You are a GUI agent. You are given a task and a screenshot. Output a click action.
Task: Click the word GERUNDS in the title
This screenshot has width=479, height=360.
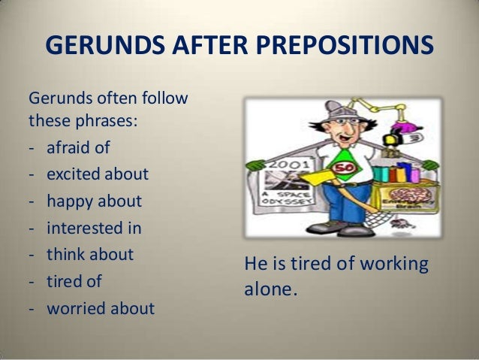click(x=97, y=47)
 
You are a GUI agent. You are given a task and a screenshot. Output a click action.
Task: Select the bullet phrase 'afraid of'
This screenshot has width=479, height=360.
click(x=78, y=147)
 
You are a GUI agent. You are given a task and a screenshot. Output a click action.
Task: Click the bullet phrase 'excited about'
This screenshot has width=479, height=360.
click(x=97, y=174)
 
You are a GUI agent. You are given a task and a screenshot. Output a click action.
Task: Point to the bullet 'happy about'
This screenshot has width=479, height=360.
click(x=94, y=201)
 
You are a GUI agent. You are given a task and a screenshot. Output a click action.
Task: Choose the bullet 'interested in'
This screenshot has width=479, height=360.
click(x=94, y=228)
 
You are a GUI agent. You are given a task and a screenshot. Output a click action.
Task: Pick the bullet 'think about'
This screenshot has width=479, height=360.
click(x=89, y=254)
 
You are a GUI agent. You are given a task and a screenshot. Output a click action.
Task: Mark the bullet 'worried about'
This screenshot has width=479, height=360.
click(x=100, y=308)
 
